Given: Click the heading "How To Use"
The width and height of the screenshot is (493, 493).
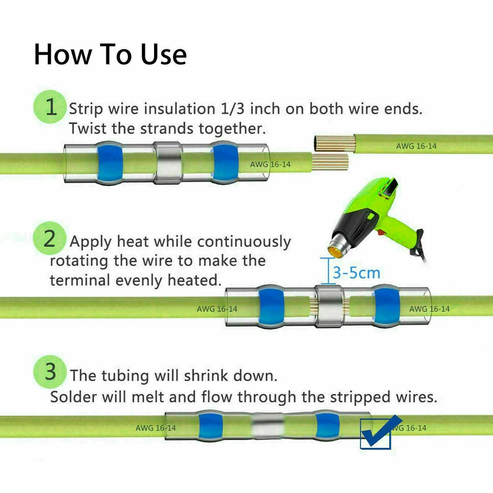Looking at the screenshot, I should point(110,54).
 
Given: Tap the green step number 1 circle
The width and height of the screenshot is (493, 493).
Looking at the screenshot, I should point(50,107).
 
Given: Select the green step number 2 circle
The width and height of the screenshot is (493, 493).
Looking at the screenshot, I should point(49,239).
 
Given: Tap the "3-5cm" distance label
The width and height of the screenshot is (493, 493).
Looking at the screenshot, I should point(356,272).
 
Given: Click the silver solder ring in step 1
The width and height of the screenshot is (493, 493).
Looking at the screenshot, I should point(168,163).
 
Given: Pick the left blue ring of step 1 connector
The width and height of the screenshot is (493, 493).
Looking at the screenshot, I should point(110,163).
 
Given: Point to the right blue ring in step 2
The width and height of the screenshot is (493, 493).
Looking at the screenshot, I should point(386,306).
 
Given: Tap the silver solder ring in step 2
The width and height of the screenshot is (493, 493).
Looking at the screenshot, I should point(329,306).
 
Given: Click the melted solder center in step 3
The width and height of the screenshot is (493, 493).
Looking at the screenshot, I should point(268,426).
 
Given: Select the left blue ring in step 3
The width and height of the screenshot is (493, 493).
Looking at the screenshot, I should point(208,426).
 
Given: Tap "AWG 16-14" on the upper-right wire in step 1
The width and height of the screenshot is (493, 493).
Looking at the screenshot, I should point(416,146).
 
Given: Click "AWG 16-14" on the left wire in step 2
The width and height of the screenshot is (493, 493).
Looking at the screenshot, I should point(217,309).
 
